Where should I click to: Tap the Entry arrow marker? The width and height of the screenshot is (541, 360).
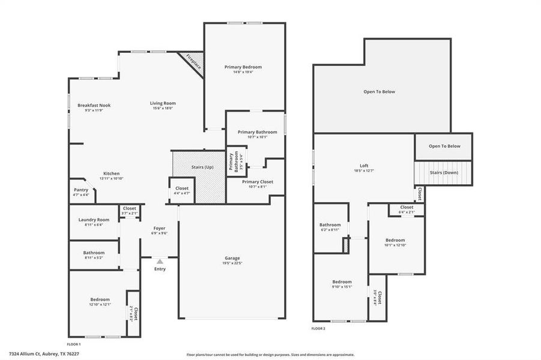click(160, 262)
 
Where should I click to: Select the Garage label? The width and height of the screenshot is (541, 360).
click(232, 259)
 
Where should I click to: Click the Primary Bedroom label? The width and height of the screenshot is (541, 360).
click(243, 67)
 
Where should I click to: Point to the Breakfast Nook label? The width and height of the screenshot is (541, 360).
click(94, 106)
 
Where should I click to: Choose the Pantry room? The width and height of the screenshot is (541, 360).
click(81, 190)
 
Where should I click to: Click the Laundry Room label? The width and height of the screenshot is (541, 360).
click(94, 220)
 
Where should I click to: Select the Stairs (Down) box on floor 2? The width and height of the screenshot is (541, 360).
click(443, 173)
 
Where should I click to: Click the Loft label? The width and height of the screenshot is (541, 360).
click(364, 166)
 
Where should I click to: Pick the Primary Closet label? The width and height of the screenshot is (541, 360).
click(258, 182)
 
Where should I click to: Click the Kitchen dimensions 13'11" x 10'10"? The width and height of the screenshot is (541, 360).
click(111, 179)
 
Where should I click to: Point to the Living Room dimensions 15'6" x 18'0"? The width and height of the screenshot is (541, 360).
click(163, 109)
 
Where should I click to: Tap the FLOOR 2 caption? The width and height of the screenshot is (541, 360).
click(318, 329)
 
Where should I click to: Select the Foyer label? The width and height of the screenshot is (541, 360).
click(159, 228)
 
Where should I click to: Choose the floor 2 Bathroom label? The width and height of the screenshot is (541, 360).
click(330, 225)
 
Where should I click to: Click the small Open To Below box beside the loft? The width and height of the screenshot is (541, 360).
click(444, 146)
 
